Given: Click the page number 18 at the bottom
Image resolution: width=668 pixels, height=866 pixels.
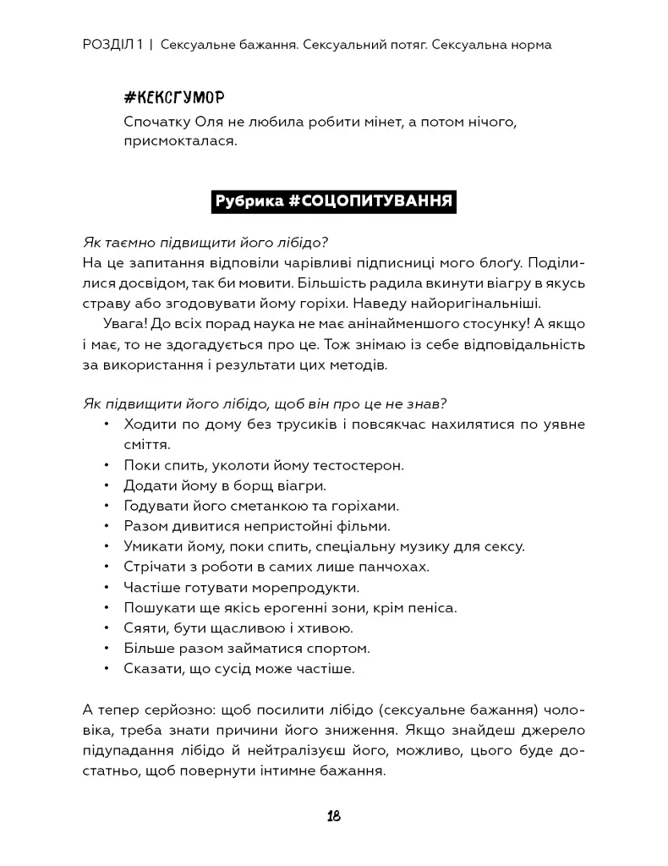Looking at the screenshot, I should tap(333, 816).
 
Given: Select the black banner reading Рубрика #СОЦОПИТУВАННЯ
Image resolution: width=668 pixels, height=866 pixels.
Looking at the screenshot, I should tap(333, 201).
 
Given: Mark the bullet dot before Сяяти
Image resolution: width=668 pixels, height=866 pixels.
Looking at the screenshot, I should tap(106, 628).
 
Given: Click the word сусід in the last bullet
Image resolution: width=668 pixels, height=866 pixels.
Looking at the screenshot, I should tap(227, 669).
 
